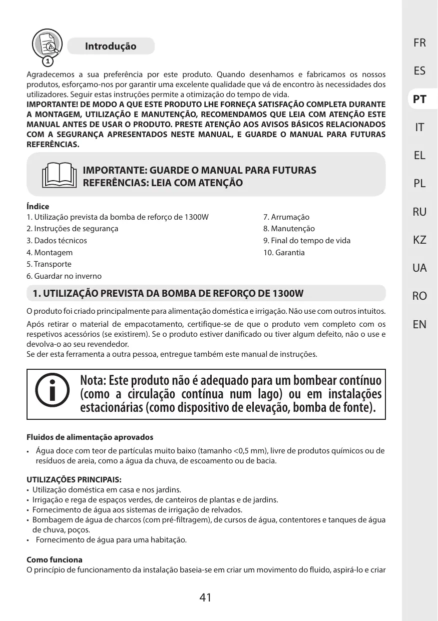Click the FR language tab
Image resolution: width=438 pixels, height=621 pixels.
click(x=419, y=43)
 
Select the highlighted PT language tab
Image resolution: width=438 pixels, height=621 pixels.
click(x=419, y=99)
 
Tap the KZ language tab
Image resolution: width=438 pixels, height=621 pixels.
click(x=419, y=240)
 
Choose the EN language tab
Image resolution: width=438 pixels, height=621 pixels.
click(x=419, y=324)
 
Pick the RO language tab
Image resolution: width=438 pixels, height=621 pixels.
click(x=419, y=296)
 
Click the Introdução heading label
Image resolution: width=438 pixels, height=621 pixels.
click(x=111, y=47)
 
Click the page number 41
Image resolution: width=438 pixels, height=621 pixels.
click(x=205, y=597)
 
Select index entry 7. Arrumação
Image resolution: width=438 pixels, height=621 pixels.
click(x=286, y=217)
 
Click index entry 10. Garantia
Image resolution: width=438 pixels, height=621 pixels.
click(x=284, y=252)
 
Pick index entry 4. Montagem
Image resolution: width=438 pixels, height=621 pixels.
click(x=50, y=252)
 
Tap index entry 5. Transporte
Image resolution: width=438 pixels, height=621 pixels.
click(x=49, y=264)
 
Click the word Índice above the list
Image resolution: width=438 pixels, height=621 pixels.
click(x=38, y=206)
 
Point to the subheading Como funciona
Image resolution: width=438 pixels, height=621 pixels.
click(x=54, y=559)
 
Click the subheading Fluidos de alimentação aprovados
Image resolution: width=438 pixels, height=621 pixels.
click(x=90, y=437)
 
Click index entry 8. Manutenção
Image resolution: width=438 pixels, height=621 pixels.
click(x=289, y=229)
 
